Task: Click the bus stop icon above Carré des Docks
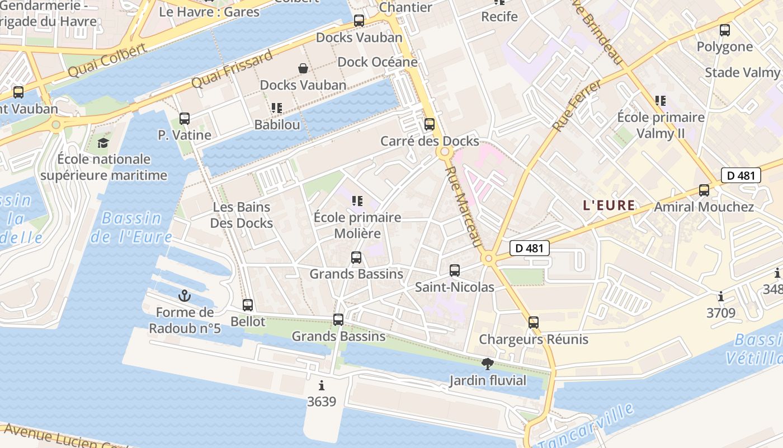tap(430, 124)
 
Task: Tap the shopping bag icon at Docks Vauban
tap(303, 68)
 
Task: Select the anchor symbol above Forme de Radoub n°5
tap(185, 296)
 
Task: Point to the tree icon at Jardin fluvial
tap(488, 364)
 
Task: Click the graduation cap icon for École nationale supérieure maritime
tap(103, 143)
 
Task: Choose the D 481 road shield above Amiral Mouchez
tap(741, 175)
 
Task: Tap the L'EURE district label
tap(609, 206)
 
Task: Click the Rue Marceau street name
tap(465, 206)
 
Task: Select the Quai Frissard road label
tap(232, 69)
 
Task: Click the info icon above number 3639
tap(322, 385)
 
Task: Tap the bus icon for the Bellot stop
tap(248, 305)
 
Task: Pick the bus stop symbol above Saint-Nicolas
tap(455, 270)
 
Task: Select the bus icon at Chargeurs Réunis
tap(534, 323)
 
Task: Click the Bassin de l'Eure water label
tap(131, 227)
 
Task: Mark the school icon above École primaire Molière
tap(357, 200)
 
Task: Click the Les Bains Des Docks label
tap(242, 215)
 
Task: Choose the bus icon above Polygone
tap(725, 30)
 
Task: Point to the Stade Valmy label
tap(742, 72)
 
